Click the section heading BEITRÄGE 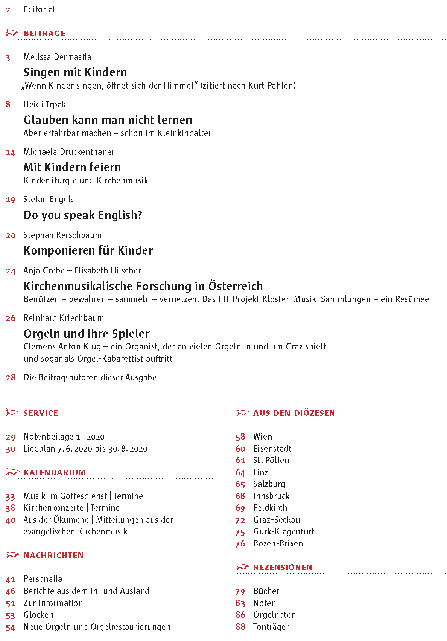pyautogui.click(x=44, y=34)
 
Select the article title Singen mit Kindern pyautogui.click(x=75, y=72)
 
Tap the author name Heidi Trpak pyautogui.click(x=44, y=104)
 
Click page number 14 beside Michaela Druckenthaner pyautogui.click(x=10, y=153)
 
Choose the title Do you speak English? pyautogui.click(x=83, y=215)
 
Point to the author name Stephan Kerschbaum pyautogui.click(x=62, y=235)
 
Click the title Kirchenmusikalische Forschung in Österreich pyautogui.click(x=143, y=286)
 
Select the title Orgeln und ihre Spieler pyautogui.click(x=87, y=334)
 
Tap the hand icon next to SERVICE pyautogui.click(x=12, y=412)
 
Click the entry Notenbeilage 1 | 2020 pyautogui.click(x=64, y=436)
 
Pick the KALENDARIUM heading pyautogui.click(x=54, y=472)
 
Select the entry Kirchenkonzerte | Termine pyautogui.click(x=71, y=508)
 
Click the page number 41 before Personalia pyautogui.click(x=11, y=579)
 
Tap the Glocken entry pyautogui.click(x=38, y=615)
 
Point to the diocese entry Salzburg pyautogui.click(x=269, y=484)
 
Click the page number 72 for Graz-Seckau pyautogui.click(x=240, y=520)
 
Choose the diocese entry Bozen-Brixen pyautogui.click(x=278, y=543)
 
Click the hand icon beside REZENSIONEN pyautogui.click(x=243, y=567)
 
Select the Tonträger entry pyautogui.click(x=271, y=627)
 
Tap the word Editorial pyautogui.click(x=39, y=9)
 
